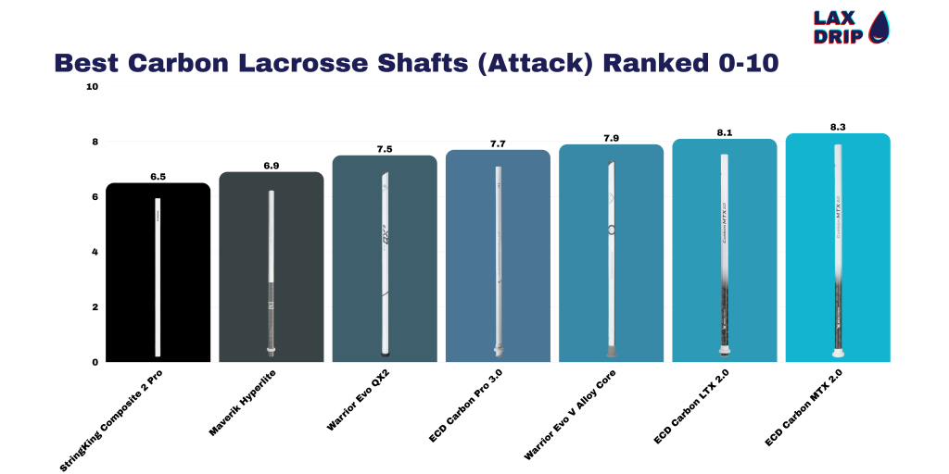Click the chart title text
tap(415, 63)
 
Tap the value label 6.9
tap(272, 166)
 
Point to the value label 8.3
tap(837, 127)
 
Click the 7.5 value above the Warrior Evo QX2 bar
tap(385, 149)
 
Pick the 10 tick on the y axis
tap(92, 87)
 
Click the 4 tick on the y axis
tap(95, 252)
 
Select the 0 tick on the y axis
tap(95, 362)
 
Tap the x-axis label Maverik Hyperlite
tap(243, 397)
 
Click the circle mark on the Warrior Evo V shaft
tap(612, 229)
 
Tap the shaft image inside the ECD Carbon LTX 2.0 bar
tap(724, 255)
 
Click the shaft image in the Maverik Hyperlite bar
tap(272, 272)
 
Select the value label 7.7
tap(498, 143)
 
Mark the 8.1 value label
tap(724, 133)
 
